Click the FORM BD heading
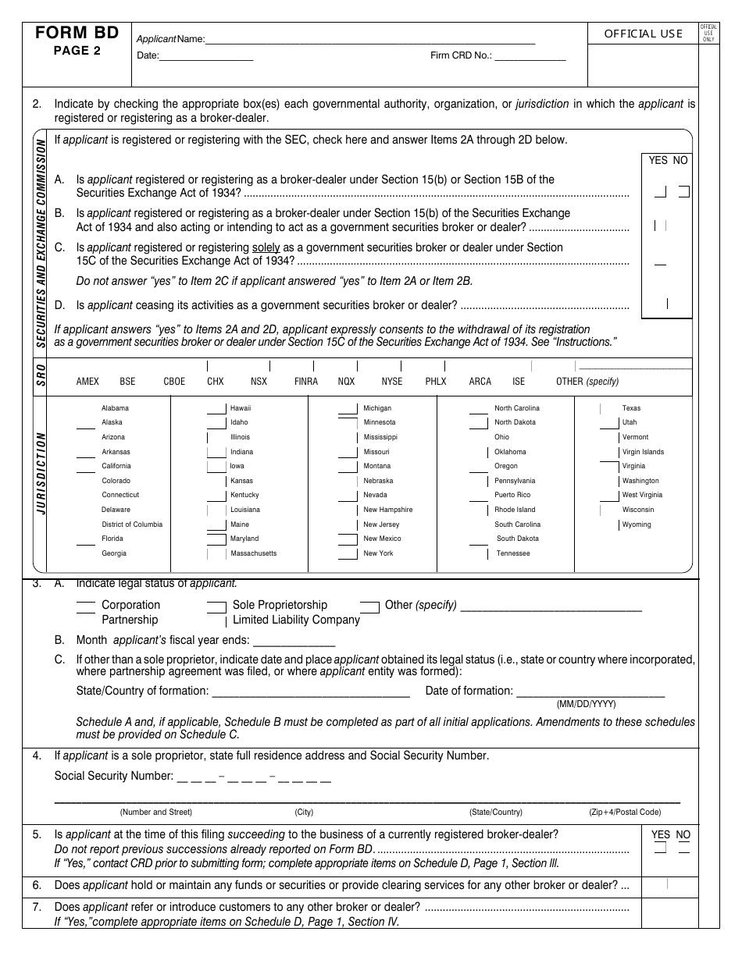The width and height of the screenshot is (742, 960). [x=77, y=33]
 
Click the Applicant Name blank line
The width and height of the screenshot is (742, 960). [x=370, y=39]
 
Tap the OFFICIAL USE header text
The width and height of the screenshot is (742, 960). [x=643, y=34]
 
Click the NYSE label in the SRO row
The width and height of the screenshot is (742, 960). [x=392, y=382]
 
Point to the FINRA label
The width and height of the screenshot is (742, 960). [x=306, y=382]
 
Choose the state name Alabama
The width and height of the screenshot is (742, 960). [x=115, y=408]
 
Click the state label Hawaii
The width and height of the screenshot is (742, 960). [x=241, y=408]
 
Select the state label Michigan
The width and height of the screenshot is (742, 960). [x=377, y=408]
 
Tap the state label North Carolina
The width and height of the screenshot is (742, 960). [x=516, y=408]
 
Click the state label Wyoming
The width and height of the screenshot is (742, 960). [x=637, y=524]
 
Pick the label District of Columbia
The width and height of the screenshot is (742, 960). [x=132, y=524]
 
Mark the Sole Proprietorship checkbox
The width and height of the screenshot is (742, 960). [x=216, y=605]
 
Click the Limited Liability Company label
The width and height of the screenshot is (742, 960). [x=296, y=620]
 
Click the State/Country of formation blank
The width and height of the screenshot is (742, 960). [x=311, y=692]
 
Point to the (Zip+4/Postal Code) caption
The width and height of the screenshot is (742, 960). [x=625, y=812]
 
